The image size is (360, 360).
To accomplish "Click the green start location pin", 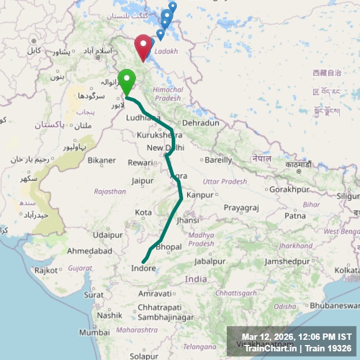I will pos(126,79).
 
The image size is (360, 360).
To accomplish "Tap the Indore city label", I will pos(143,268).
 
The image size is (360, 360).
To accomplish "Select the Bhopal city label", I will pos(169,247).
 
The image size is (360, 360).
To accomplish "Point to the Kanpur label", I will pos(200,195).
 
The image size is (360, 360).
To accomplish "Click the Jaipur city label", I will pos(142,180).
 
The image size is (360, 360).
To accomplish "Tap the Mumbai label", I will pos(94,332).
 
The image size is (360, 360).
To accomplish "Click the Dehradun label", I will pos(201,123).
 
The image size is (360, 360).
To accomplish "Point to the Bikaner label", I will pos(102,160).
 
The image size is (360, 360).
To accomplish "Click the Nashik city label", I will pos(109,315).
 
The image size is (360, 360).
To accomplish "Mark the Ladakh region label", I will pos(166,51).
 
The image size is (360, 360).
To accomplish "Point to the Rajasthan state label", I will pos(110,191).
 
